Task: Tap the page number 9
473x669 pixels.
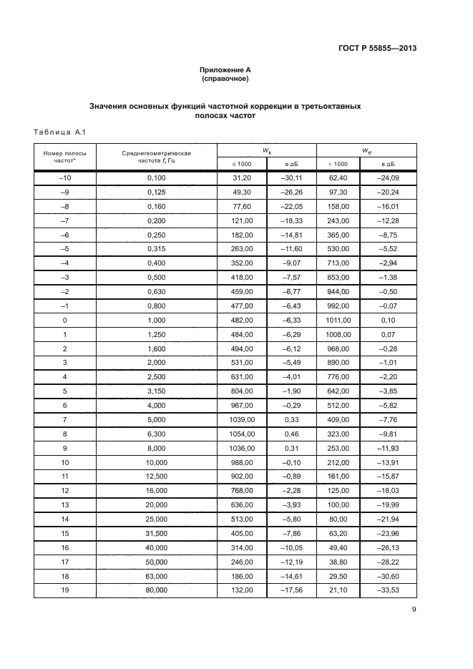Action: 414,610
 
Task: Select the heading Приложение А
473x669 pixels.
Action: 225,69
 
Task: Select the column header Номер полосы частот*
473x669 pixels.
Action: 64,157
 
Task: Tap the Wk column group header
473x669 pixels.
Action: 266,150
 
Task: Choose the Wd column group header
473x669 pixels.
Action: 366,150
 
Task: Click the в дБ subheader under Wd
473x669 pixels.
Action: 388,164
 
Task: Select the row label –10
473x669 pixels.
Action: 64,177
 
